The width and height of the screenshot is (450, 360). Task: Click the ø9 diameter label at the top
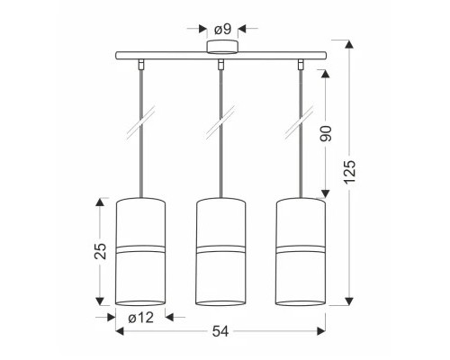223,29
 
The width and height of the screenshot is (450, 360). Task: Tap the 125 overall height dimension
349,172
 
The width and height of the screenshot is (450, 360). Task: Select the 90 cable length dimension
326,133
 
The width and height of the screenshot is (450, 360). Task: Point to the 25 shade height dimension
100,251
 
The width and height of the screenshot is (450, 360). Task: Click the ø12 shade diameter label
141,318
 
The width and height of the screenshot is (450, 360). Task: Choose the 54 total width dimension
220,331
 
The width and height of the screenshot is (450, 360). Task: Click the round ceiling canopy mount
222,47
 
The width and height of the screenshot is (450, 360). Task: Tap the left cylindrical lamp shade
140,252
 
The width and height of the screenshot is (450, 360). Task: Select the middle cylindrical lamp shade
220,252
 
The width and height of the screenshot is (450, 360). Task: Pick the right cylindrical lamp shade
301,252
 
